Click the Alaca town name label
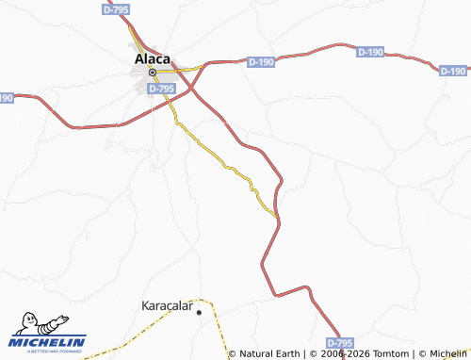152,57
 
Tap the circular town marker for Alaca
152,72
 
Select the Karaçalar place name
166,307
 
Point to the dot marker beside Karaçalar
199,312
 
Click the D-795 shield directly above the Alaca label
115,8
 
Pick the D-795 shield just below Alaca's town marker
162,89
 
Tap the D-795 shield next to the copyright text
340,342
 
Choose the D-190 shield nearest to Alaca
260,62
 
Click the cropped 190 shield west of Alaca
6,97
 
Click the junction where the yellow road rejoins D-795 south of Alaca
278,218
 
